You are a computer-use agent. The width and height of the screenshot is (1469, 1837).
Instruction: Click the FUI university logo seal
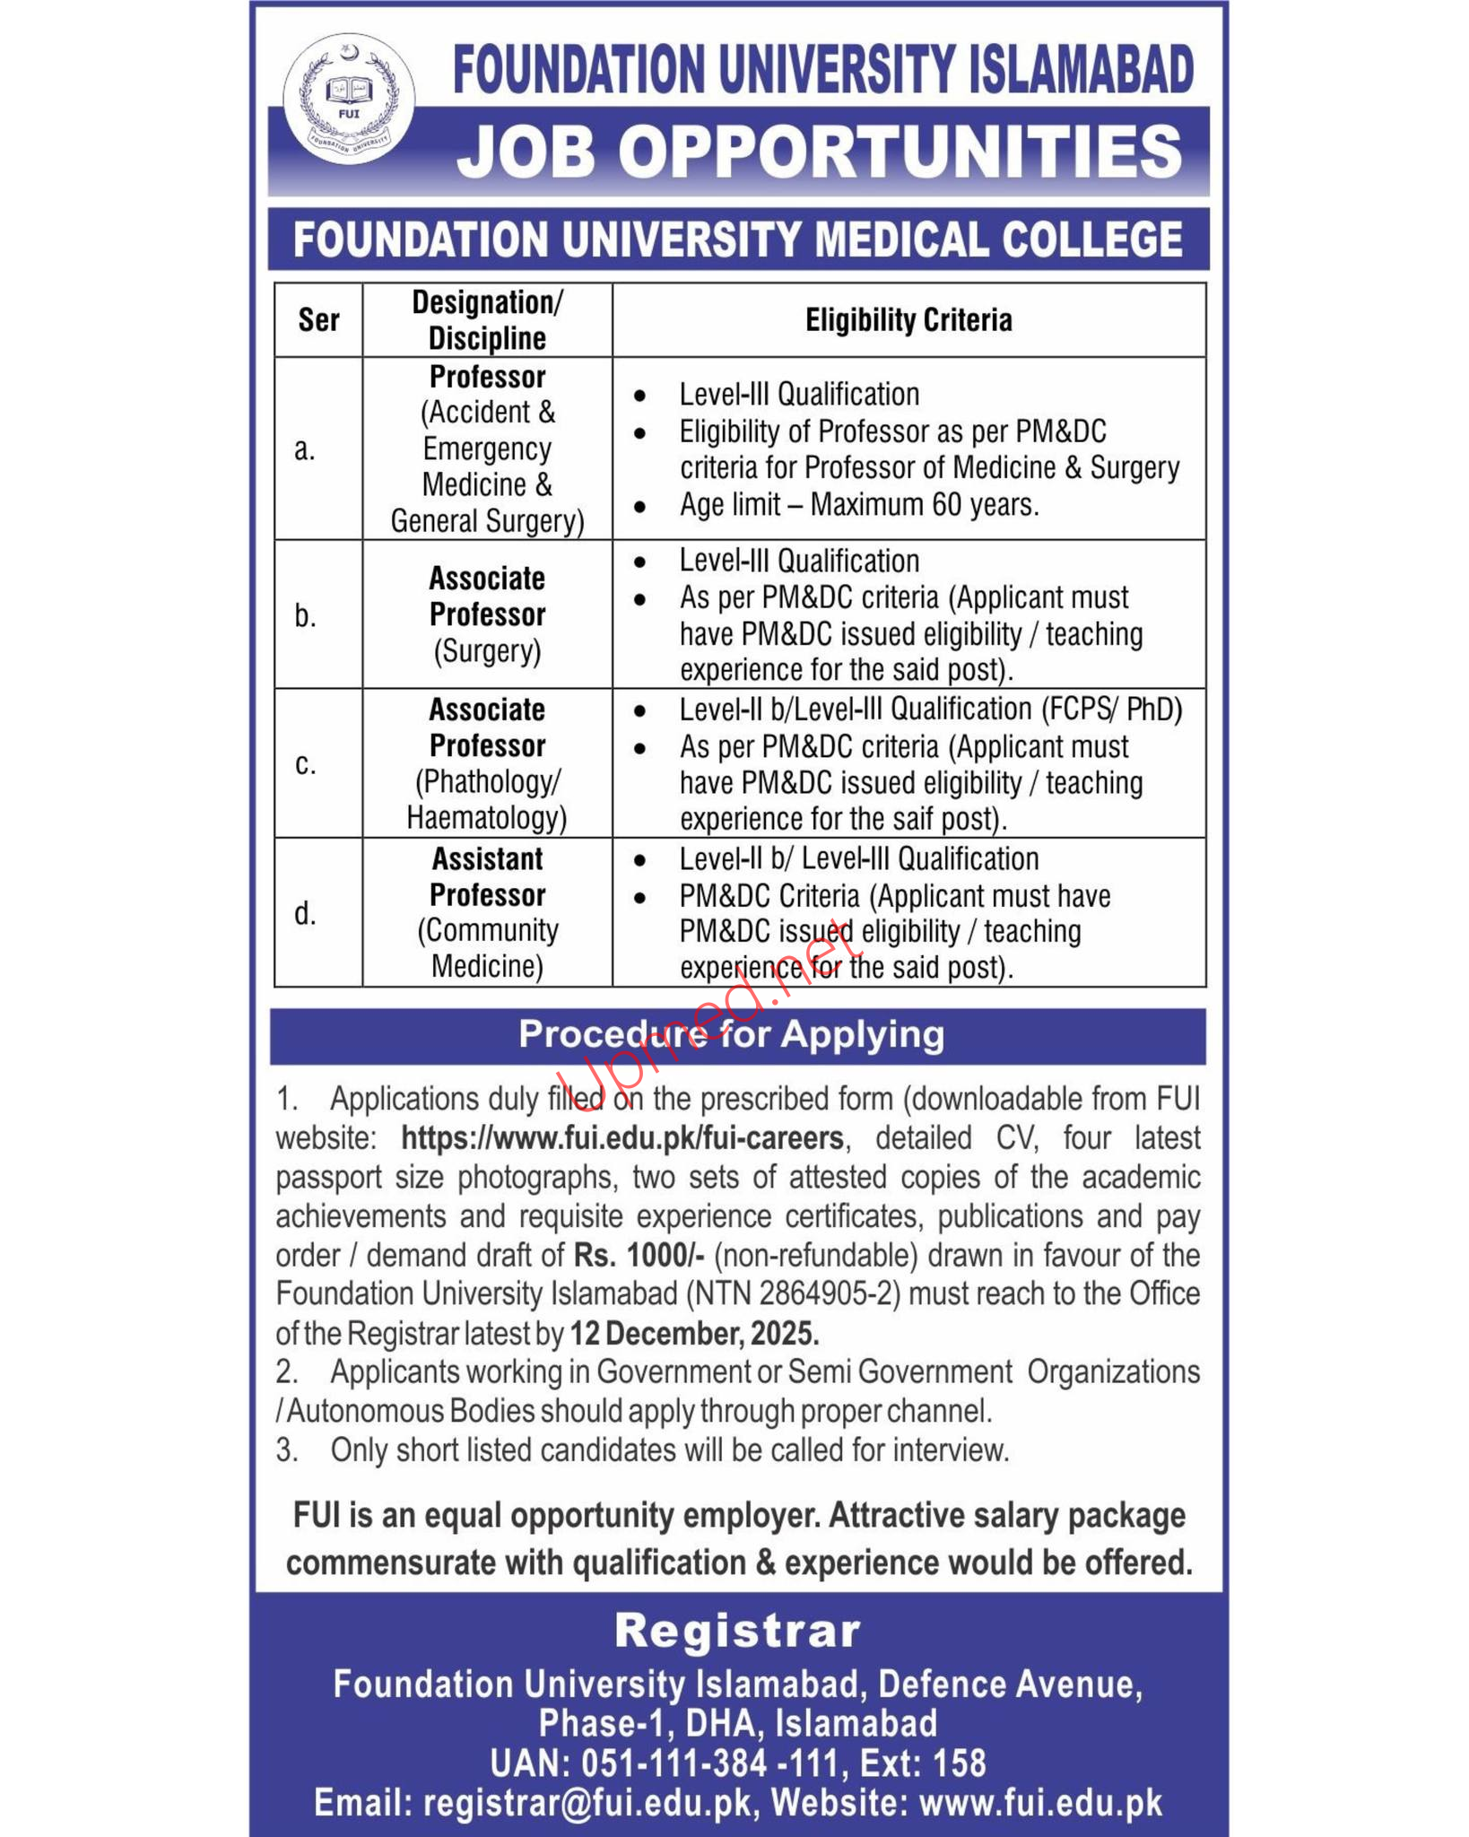[x=350, y=100]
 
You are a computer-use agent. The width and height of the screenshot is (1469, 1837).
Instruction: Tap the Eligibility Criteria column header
[x=908, y=320]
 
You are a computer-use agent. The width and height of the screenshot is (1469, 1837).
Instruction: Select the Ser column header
[x=318, y=320]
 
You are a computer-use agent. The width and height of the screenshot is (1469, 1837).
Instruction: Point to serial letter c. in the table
[x=306, y=763]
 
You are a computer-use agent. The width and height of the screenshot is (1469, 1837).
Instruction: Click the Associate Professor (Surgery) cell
[x=487, y=614]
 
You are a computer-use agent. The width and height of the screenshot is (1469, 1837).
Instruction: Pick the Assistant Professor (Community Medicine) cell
[x=487, y=912]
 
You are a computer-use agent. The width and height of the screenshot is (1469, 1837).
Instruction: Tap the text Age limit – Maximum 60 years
[x=859, y=505]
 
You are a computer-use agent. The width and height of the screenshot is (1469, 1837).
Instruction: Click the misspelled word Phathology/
[x=488, y=782]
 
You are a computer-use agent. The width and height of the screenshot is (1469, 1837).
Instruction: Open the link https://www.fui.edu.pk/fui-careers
[x=622, y=1138]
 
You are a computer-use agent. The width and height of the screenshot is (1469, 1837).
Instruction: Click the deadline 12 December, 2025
[x=694, y=1334]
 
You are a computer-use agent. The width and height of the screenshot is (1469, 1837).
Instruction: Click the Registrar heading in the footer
[x=737, y=1631]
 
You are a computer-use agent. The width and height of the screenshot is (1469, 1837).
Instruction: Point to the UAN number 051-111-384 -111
[x=708, y=1763]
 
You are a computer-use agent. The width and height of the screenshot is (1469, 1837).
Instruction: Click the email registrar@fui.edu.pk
[x=588, y=1803]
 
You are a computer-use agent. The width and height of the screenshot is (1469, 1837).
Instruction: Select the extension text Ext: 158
[x=923, y=1763]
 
